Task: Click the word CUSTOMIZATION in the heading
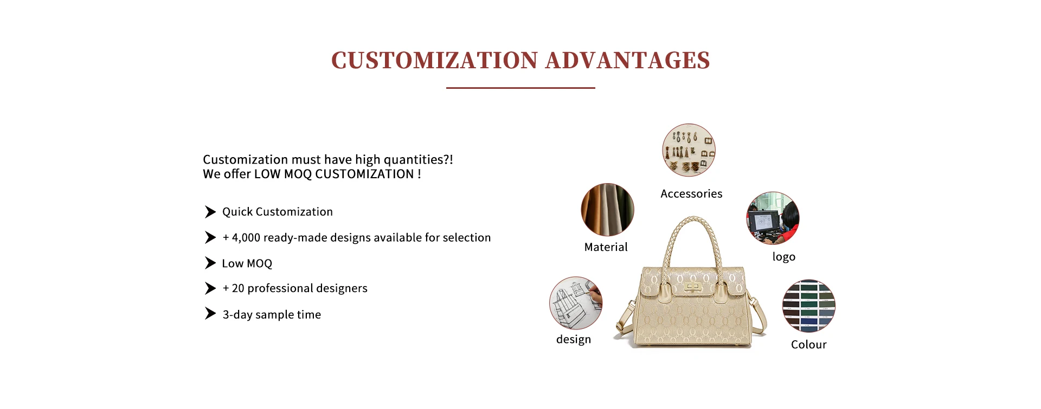tap(434, 60)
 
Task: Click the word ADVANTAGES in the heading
tap(628, 60)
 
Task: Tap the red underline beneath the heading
tap(520, 88)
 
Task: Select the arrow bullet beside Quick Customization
tap(210, 212)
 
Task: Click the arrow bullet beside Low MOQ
tap(210, 263)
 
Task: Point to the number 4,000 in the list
tap(246, 238)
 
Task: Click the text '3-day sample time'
tap(272, 315)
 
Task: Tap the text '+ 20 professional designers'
tap(295, 289)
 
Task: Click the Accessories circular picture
tap(689, 150)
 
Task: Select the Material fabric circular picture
tap(607, 210)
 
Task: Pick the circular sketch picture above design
tap(576, 303)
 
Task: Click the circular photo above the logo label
tap(773, 218)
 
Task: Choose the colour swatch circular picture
tap(808, 306)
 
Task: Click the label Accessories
tap(691, 194)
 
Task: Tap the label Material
tap(606, 247)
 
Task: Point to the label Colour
tap(808, 345)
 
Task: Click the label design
tap(574, 340)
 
